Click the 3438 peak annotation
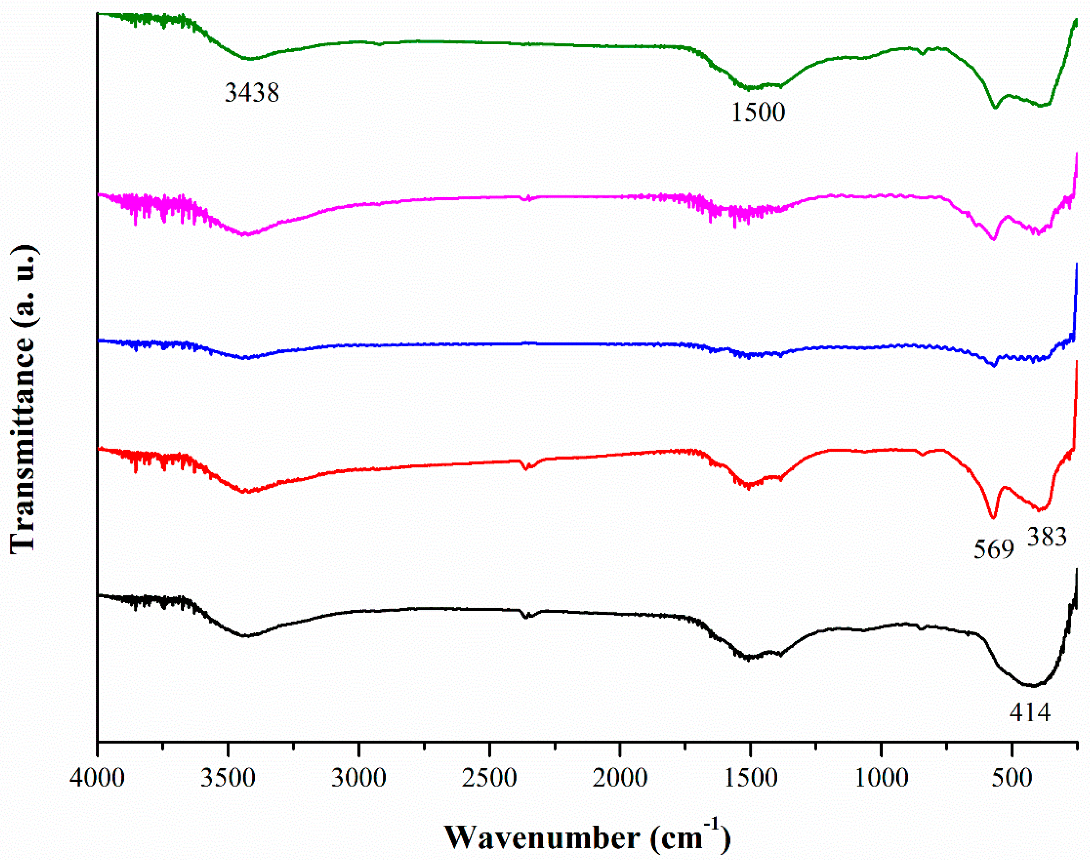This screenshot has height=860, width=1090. tap(252, 93)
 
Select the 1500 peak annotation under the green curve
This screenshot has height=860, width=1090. tap(758, 112)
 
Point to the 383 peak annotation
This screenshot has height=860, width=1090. tap(1047, 537)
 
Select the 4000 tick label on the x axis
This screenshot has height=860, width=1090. tap(97, 778)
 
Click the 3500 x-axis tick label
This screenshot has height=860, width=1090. tap(228, 778)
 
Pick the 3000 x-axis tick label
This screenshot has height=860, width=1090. tap(358, 778)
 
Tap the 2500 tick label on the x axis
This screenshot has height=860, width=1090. tap(489, 778)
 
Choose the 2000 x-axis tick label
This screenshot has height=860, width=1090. tap(620, 778)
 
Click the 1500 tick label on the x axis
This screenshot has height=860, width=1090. tap(750, 778)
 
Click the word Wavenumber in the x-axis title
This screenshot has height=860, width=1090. tap(542, 838)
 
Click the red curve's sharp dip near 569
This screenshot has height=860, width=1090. tap(993, 517)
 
